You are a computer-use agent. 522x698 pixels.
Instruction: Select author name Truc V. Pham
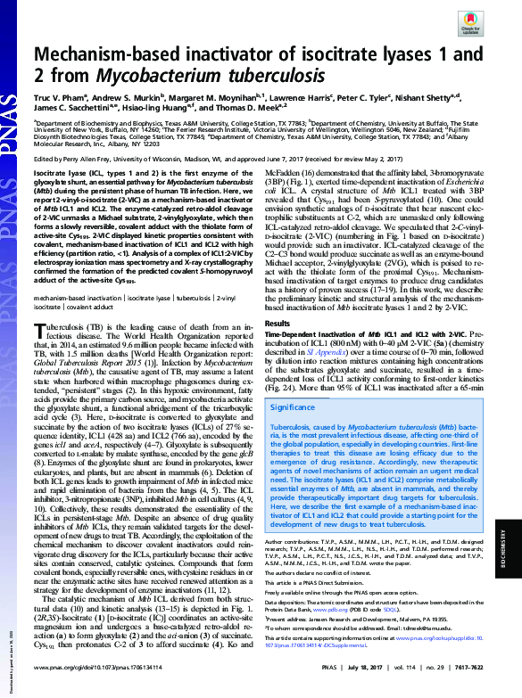[x=60, y=101]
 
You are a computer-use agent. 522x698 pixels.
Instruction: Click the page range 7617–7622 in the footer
[x=484, y=667]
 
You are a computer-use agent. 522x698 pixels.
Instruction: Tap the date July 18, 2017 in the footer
[x=331, y=667]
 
